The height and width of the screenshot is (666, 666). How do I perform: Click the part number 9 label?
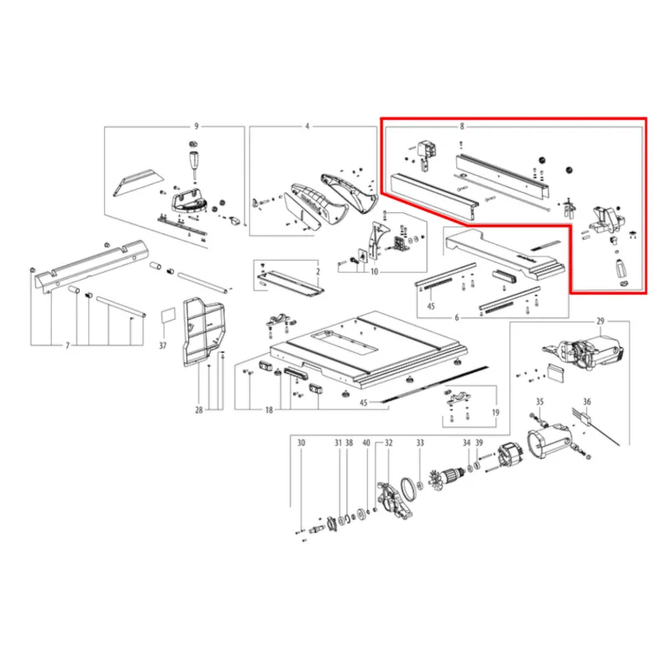click(196, 127)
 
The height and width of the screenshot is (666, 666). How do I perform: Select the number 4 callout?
click(307, 127)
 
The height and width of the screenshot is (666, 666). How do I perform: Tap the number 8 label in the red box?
click(462, 127)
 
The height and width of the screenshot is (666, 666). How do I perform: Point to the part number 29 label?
click(600, 321)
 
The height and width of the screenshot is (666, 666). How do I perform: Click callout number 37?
click(163, 345)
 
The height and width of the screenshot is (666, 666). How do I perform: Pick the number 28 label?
click(199, 410)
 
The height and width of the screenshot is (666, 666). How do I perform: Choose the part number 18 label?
click(269, 410)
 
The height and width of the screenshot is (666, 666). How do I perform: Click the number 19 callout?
click(495, 412)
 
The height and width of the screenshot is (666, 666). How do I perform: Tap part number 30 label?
click(301, 443)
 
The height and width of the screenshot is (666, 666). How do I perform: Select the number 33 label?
click(420, 443)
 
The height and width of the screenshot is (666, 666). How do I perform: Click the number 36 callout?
click(587, 401)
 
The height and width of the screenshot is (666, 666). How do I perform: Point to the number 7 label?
click(67, 346)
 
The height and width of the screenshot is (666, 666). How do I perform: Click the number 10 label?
click(374, 272)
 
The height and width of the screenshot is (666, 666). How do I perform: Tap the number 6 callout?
click(457, 317)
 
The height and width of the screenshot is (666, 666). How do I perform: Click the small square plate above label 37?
click(168, 316)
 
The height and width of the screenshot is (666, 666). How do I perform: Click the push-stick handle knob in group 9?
click(193, 161)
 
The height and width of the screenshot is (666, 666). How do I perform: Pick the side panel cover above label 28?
click(204, 331)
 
